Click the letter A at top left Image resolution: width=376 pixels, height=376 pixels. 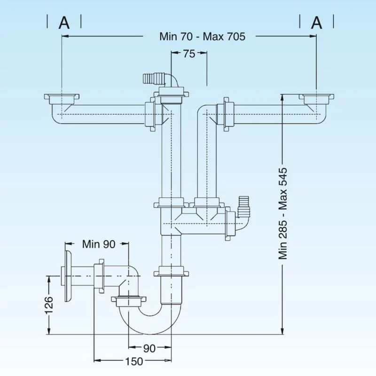pyautogui.click(x=64, y=23)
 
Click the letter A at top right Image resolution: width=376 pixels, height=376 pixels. pyautogui.click(x=316, y=23)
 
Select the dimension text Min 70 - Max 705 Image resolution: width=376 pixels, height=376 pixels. pyautogui.click(x=203, y=37)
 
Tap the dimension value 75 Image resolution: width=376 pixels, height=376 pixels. pyautogui.click(x=189, y=54)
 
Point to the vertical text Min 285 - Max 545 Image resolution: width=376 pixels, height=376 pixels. pyautogui.click(x=283, y=213)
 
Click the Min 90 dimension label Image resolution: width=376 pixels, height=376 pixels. pyautogui.click(x=99, y=244)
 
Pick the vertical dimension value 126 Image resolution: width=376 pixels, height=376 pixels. pyautogui.click(x=49, y=305)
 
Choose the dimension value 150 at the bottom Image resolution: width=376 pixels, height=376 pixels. pyautogui.click(x=134, y=361)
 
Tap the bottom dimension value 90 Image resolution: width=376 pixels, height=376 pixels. pyautogui.click(x=149, y=348)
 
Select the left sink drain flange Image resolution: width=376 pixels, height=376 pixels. pyautogui.click(x=62, y=99)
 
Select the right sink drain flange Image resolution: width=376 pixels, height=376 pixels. pyautogui.click(x=316, y=99)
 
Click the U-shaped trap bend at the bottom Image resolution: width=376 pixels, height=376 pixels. pyautogui.click(x=150, y=321)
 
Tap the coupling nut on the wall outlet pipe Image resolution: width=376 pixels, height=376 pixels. pyautogui.click(x=99, y=276)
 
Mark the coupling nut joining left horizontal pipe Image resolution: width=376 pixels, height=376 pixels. pyautogui.click(x=151, y=114)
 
